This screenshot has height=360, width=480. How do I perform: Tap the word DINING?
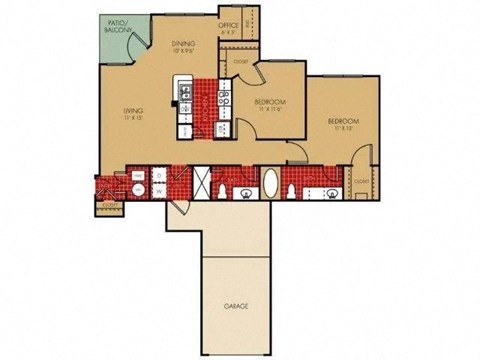click(183, 43)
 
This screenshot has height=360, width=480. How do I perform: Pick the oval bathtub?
click(271, 186)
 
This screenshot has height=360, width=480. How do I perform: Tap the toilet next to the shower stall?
click(243, 192)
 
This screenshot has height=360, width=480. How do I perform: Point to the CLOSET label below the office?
click(240, 62)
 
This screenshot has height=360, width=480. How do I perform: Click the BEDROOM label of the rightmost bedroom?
click(343, 121)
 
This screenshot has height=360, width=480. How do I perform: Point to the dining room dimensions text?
click(183, 51)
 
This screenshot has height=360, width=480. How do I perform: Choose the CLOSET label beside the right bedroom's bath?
click(360, 181)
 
